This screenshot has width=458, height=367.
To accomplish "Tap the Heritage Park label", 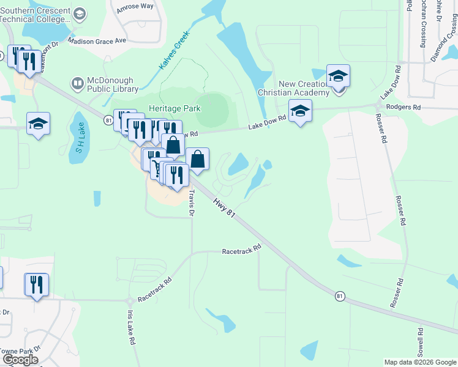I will click(175, 108).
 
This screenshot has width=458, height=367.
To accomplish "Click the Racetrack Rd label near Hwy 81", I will click(241, 251).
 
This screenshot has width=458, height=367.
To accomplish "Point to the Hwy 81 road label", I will click(224, 206).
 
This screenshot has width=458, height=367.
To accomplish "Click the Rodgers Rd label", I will click(407, 107).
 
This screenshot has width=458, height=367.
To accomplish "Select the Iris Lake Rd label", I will click(131, 328).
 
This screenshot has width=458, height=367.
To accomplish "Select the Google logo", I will click(20, 360).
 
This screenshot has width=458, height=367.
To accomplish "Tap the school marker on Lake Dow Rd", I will click(300, 111).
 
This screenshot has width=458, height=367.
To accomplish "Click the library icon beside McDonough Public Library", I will click(78, 83).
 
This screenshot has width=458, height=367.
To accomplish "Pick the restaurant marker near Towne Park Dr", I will click(36, 284).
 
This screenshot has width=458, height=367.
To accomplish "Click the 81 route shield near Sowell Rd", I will click(340, 296).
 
